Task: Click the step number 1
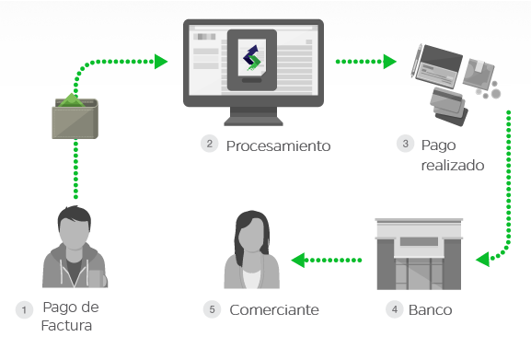(x=25, y=310)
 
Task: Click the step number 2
(x=210, y=144)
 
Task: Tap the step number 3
(x=406, y=144)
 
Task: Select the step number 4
(x=395, y=310)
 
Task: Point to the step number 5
(x=213, y=310)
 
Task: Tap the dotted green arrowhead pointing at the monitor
(x=161, y=62)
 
